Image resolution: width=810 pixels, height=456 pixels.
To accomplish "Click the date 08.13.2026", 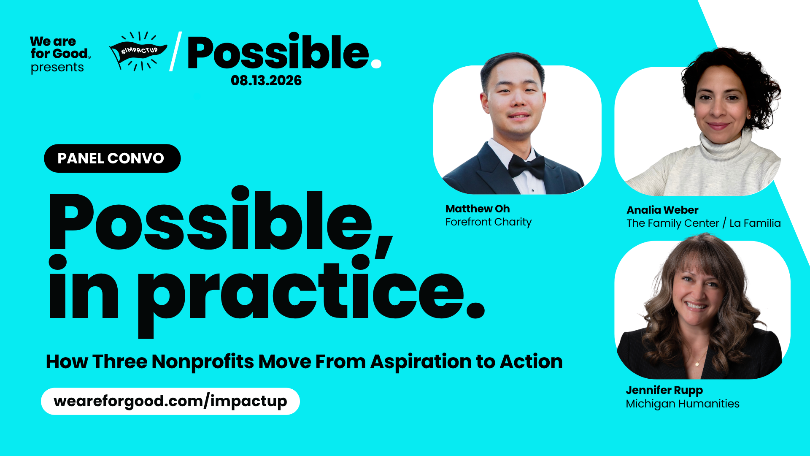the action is click(266, 81).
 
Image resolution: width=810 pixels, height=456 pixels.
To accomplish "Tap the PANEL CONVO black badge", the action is click(112, 158).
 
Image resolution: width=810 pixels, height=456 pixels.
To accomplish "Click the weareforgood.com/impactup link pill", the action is click(170, 401).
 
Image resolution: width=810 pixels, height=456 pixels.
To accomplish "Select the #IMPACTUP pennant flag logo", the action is click(138, 51).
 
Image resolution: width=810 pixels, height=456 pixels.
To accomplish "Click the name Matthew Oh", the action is click(478, 209).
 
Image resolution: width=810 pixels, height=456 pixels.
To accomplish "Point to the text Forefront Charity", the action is click(489, 222).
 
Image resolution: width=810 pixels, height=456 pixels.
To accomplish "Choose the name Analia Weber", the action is click(662, 210).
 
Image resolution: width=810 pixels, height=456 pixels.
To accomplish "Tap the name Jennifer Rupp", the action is click(664, 391).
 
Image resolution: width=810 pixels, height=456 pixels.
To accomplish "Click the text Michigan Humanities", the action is click(683, 404).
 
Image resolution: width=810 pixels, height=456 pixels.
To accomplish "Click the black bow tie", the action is click(526, 166).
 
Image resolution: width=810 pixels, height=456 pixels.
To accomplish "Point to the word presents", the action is click(57, 68).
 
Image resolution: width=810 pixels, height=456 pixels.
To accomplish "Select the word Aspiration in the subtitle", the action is click(421, 362).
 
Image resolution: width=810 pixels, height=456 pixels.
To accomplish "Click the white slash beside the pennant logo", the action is click(175, 51).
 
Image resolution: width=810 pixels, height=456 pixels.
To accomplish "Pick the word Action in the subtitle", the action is click(531, 362).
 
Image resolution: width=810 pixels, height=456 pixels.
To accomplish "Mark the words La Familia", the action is click(755, 223).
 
